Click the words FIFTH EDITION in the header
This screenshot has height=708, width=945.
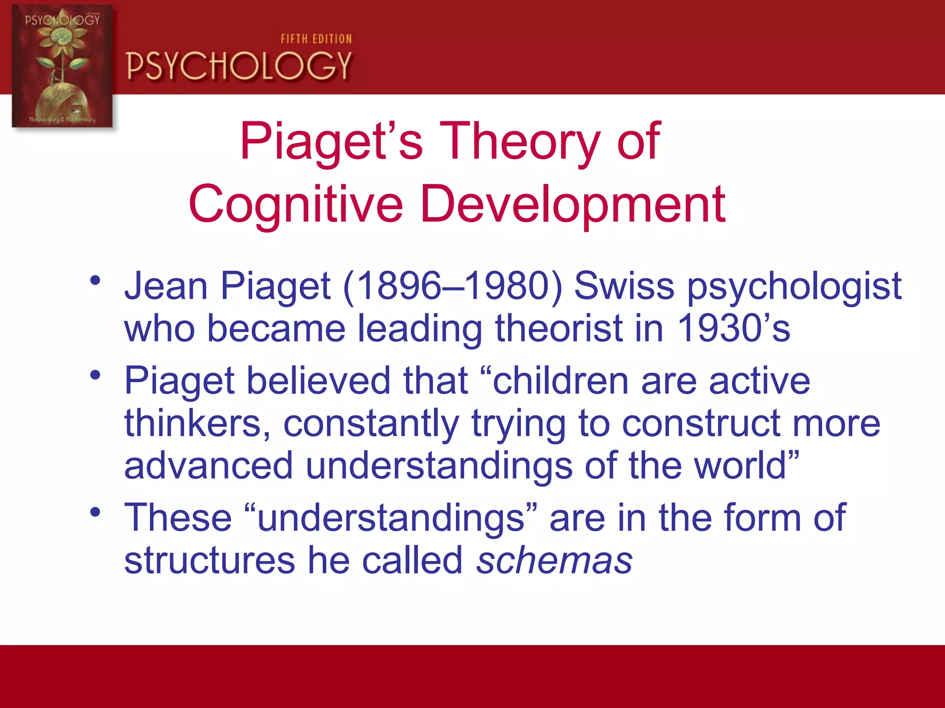(316, 39)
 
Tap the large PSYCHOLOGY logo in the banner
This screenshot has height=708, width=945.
(239, 66)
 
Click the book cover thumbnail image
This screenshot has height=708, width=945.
(62, 66)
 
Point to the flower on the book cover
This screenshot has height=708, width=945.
(61, 39)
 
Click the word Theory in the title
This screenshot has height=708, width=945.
(520, 141)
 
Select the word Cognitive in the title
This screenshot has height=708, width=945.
(296, 204)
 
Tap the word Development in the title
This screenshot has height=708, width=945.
(573, 204)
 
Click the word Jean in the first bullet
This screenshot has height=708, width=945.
(166, 286)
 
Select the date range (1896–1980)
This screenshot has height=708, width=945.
(453, 286)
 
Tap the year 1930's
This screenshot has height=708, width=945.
(734, 328)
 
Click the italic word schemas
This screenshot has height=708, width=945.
(554, 561)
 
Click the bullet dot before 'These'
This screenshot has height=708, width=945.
(96, 512)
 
